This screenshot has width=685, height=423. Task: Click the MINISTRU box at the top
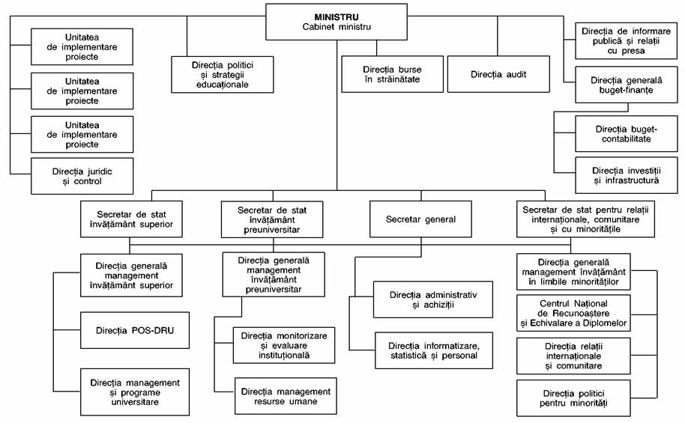pos(337,22)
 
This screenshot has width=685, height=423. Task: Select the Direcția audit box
pos(498,74)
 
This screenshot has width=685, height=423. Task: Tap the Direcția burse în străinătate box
pos(392,74)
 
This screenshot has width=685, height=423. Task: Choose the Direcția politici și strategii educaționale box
pos(223,75)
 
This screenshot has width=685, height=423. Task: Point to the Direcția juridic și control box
pos(82,177)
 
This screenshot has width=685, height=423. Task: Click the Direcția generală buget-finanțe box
pos(627,85)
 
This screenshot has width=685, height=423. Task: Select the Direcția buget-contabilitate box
pos(627,134)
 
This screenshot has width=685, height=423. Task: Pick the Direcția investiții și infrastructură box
pos(627,175)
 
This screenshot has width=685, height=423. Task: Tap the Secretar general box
pos(420,219)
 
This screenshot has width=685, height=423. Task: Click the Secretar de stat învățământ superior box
pos(131,219)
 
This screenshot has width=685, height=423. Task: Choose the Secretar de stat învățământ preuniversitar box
pos(272,219)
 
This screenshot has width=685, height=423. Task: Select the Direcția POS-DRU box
pos(135,330)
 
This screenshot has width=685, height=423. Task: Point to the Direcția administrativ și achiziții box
pos(433,299)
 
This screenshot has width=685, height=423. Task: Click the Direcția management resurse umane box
pos(286,396)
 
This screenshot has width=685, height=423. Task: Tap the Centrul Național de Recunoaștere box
pos(573,313)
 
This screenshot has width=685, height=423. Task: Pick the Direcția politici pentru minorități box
pos(573,398)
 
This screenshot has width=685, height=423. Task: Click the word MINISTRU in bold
pos(337,17)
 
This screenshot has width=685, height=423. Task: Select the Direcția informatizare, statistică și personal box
pos(434,350)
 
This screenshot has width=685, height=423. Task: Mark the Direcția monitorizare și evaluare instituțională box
pos(284,345)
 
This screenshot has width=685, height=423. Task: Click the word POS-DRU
pos(152,330)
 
